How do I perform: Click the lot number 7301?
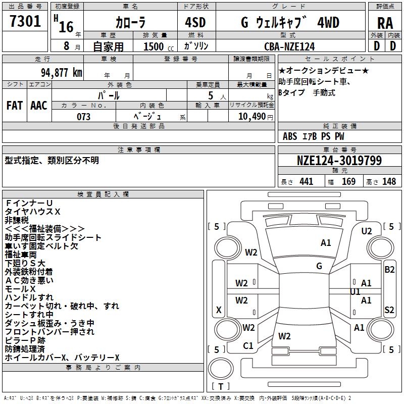(25, 21)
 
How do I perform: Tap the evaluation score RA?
(385, 23)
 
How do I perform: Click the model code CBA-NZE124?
(289, 46)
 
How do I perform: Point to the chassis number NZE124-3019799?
(339, 161)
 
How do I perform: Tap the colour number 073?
(83, 117)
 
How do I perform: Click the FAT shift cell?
(14, 105)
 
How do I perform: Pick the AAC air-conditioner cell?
(39, 105)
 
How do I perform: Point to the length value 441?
(306, 181)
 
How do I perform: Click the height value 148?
(389, 181)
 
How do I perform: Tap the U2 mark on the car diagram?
(367, 231)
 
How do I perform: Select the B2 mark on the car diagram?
(389, 269)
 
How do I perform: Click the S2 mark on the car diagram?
(389, 310)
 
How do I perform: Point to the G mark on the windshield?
(319, 266)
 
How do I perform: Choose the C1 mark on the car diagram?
(248, 346)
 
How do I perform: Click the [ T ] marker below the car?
(221, 386)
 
